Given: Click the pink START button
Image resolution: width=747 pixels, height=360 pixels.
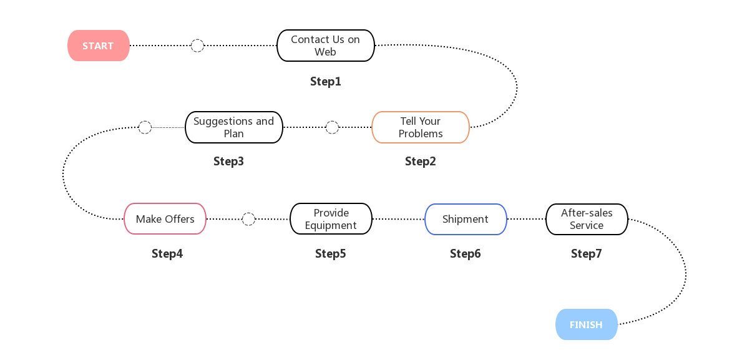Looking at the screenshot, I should click(98, 46).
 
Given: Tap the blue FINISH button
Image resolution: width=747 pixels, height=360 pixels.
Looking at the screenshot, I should click(586, 324).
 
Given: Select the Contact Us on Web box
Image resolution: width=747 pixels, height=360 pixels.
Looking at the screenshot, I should click(325, 46).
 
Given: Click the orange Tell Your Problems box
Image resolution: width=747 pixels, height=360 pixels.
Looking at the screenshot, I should click(420, 127).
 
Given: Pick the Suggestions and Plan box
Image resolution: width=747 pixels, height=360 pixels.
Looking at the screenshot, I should click(233, 127).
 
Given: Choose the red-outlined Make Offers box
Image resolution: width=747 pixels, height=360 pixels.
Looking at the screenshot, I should click(165, 219).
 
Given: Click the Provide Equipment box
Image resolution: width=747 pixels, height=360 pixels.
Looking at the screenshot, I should click(331, 219).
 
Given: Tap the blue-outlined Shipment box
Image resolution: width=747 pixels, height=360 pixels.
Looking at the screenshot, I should click(465, 219).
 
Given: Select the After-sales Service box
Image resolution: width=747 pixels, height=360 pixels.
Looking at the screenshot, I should click(586, 219).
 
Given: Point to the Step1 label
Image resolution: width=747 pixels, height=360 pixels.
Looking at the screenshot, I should click(325, 81).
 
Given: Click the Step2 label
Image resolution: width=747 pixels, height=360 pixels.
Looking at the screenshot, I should click(420, 161).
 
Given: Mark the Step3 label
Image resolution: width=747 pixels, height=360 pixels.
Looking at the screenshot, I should click(228, 161).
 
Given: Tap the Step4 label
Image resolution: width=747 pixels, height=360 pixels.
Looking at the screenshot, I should click(167, 254).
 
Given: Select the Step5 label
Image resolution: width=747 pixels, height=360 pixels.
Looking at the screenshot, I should click(330, 254).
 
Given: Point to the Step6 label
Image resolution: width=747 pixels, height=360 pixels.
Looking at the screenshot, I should click(465, 254).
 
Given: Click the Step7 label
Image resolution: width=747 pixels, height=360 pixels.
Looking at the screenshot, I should click(586, 254).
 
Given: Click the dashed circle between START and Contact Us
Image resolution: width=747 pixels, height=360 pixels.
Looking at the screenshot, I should click(197, 46).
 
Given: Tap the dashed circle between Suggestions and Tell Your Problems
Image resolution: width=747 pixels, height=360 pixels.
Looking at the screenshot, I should click(332, 127).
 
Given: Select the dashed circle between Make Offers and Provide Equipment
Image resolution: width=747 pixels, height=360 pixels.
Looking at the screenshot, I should click(248, 219).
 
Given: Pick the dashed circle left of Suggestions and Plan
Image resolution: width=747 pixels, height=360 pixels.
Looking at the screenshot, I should click(145, 127).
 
